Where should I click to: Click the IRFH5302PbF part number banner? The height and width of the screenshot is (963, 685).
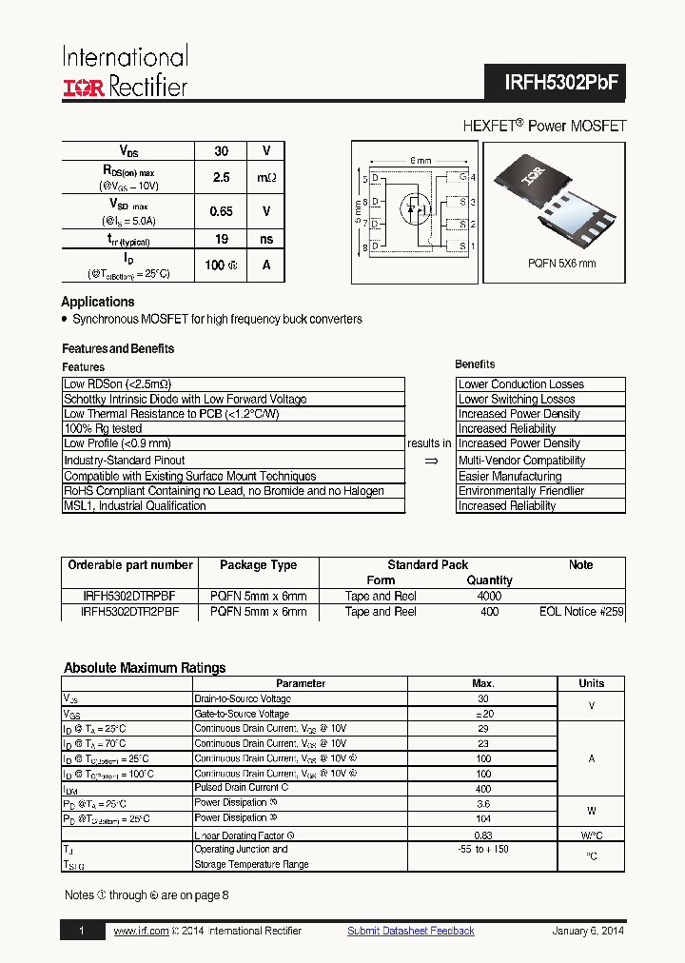(561, 83)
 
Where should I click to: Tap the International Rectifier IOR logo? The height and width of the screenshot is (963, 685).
(85, 88)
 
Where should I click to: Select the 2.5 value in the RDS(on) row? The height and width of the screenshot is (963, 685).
(221, 177)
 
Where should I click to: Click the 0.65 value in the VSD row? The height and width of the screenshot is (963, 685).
(221, 211)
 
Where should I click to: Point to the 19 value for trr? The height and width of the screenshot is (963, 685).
(221, 240)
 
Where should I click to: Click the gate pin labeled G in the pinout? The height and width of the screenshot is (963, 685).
(462, 178)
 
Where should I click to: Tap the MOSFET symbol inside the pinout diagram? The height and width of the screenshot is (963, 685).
(414, 208)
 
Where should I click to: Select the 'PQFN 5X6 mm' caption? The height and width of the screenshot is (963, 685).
(561, 264)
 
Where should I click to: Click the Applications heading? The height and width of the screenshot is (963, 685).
(98, 302)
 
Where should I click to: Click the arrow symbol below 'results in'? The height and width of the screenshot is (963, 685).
(430, 461)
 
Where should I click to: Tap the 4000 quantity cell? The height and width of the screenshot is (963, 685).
(489, 597)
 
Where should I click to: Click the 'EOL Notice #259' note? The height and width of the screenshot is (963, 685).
(581, 612)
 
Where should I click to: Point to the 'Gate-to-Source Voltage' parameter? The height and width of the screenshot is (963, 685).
(242, 714)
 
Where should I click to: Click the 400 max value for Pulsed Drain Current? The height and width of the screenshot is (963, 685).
(483, 789)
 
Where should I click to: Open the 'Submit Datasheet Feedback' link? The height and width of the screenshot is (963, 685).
(410, 931)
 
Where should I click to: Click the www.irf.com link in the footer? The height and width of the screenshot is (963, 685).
(141, 931)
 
